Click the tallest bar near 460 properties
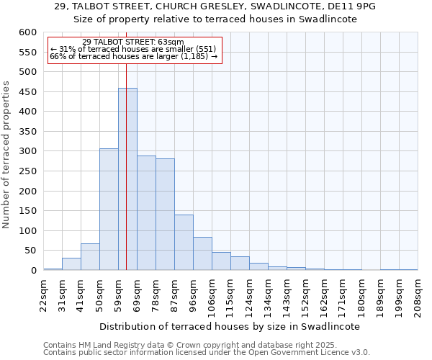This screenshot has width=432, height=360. tap(127, 180)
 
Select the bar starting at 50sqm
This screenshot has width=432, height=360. tap(109, 210)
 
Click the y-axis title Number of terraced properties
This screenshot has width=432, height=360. tap(7, 154)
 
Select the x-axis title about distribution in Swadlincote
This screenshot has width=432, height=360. tap(229, 326)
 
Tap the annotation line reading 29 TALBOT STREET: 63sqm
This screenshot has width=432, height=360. tap(132, 42)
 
